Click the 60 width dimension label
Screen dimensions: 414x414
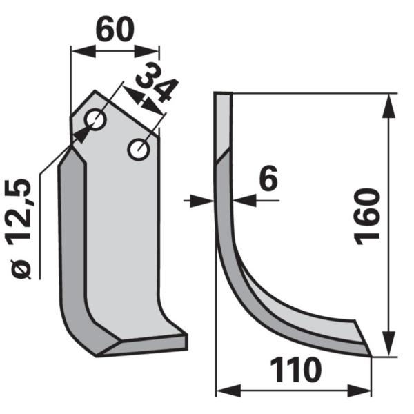point(115,30)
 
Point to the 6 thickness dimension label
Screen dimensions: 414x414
point(268,178)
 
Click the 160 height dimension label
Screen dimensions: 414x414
point(367,217)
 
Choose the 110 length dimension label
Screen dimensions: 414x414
point(296,370)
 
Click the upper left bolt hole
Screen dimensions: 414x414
point(95,119)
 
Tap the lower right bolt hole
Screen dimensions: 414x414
point(139,149)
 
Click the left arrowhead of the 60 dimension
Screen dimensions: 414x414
point(83,51)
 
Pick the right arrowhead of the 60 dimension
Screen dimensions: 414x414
point(147,51)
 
